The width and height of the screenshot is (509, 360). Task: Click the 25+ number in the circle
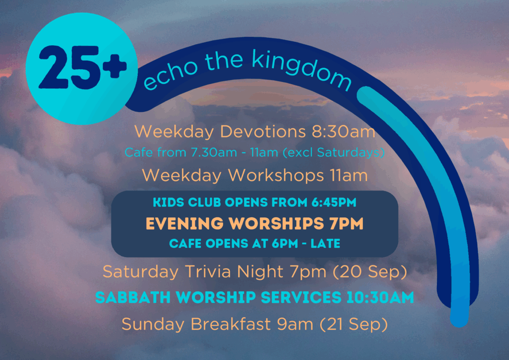83,68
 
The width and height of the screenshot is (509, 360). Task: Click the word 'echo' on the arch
170,75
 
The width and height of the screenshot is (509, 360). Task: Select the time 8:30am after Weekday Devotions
343,132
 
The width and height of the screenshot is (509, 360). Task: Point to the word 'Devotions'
263,132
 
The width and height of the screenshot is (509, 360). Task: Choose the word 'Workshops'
276,176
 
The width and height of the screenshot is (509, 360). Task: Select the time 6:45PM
334,202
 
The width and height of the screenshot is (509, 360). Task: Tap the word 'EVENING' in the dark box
185,224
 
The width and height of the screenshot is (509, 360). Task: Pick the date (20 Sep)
370,271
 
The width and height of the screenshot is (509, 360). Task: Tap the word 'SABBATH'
133,297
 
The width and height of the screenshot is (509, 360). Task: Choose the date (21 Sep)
354,325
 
